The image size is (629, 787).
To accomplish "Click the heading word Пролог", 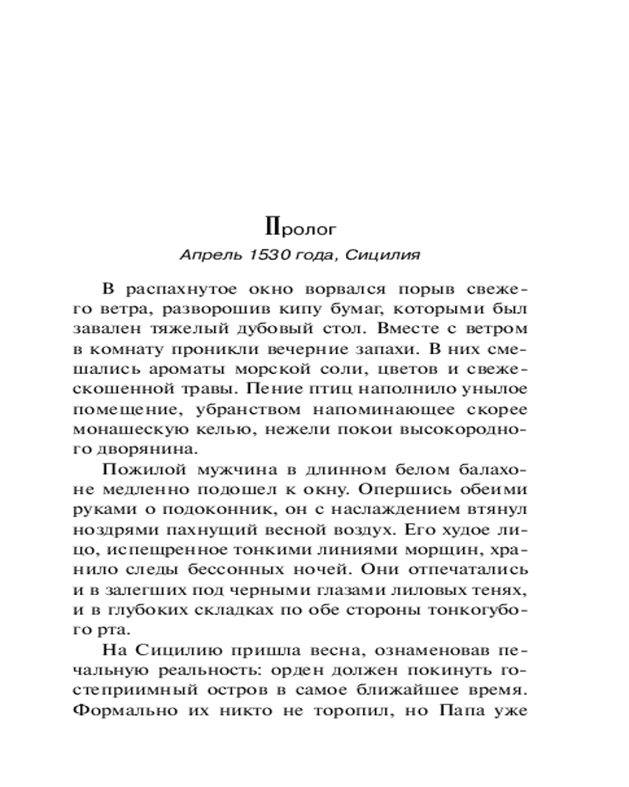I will [301, 229].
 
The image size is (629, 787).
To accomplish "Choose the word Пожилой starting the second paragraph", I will [138, 471].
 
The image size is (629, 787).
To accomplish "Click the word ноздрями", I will [113, 532].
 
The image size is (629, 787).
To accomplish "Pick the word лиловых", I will [434, 593].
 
